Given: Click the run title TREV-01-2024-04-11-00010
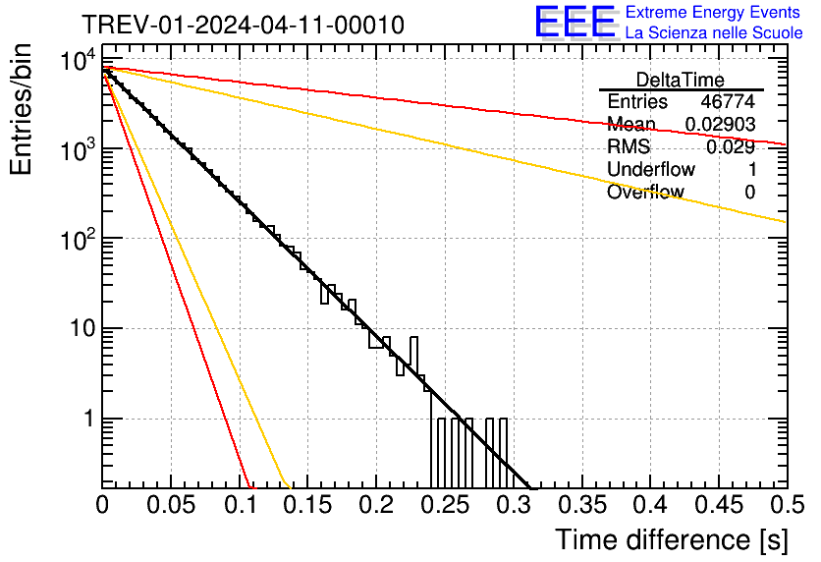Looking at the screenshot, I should (242, 26).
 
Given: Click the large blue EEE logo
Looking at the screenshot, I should (575, 24).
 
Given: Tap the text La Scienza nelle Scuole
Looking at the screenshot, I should (714, 32).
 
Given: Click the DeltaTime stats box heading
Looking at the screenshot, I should (680, 80).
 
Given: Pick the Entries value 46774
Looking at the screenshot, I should (728, 102).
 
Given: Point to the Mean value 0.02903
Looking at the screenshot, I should (720, 125).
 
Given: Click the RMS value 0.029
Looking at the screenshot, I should (734, 147).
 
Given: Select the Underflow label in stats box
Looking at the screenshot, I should (651, 170).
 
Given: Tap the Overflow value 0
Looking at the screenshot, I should (749, 193).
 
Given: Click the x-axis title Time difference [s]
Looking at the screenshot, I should (670, 539).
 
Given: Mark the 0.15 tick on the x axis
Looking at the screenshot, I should (240, 504).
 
